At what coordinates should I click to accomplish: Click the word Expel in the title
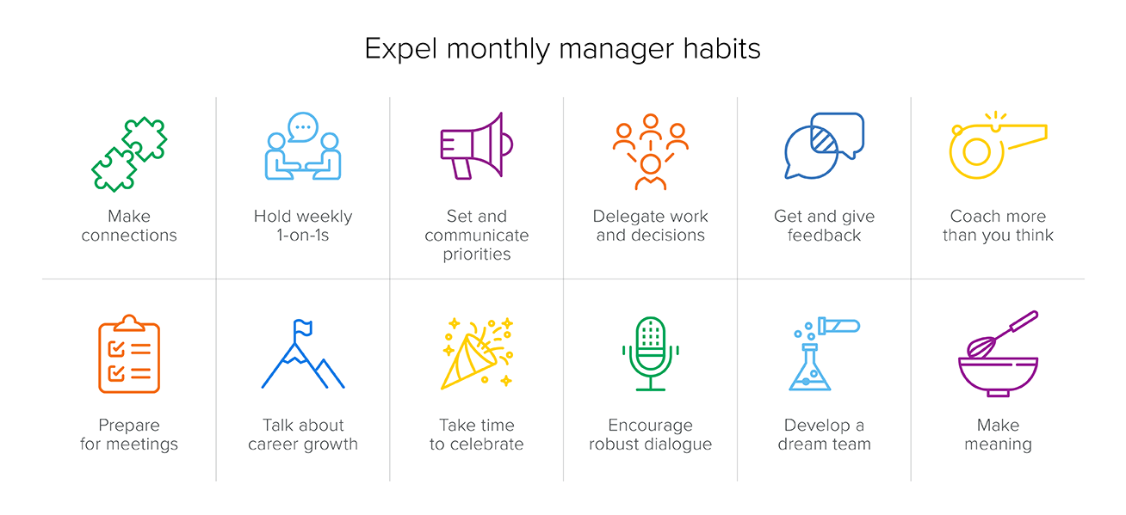[x=400, y=49]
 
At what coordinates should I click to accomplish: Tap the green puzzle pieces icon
[x=129, y=154]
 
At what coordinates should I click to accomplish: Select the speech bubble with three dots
[x=303, y=127]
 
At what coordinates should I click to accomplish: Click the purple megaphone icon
[x=477, y=145]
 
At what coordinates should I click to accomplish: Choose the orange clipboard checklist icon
[x=129, y=354]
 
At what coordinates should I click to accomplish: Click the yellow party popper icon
[x=477, y=353]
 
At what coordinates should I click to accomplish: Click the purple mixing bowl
[x=998, y=377]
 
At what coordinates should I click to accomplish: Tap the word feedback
[x=825, y=236]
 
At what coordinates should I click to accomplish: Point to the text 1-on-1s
[x=303, y=236]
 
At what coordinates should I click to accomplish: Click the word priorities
[x=477, y=254]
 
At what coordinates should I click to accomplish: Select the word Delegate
[x=626, y=217]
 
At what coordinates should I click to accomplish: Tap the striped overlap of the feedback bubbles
[x=824, y=140]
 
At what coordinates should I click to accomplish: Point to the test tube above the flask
[x=838, y=326]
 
